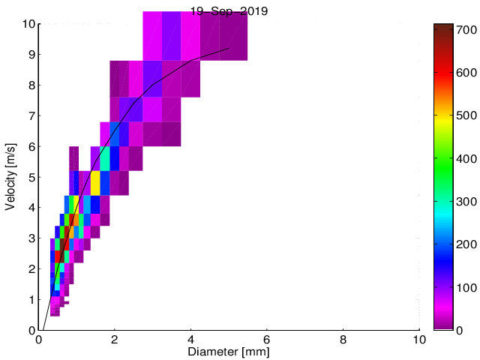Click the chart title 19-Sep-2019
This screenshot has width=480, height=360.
coord(229,10)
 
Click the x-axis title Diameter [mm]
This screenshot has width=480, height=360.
coord(229,352)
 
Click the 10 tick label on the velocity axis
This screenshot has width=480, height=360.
coord(26,24)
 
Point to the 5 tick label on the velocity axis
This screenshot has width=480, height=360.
coord(30,177)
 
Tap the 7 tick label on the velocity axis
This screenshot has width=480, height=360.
coord(30,115)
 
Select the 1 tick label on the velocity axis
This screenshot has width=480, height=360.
coord(30,299)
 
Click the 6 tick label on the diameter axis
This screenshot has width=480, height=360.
coord(267,339)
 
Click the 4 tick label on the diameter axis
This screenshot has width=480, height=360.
coord(190,339)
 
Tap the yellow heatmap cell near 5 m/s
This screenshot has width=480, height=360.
coord(95,183)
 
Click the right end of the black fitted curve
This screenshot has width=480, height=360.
coord(229,49)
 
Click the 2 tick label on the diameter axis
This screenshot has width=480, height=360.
coord(115,339)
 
